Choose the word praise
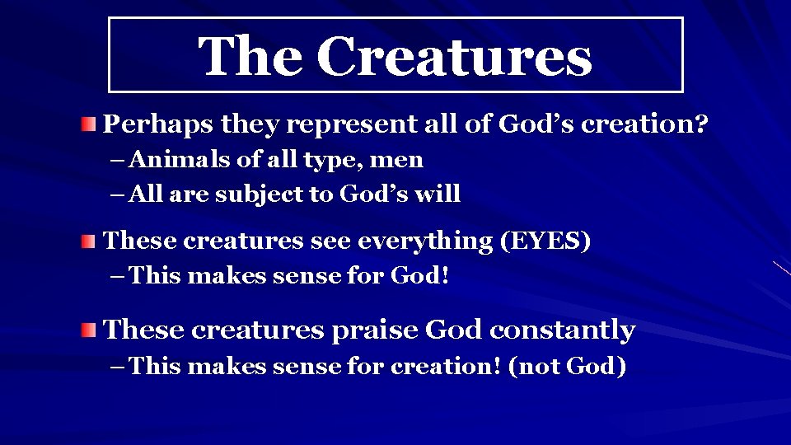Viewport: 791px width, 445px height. click(x=374, y=330)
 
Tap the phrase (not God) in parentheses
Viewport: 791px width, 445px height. click(x=567, y=365)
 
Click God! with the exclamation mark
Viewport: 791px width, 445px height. click(x=419, y=276)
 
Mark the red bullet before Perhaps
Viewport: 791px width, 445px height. click(x=88, y=124)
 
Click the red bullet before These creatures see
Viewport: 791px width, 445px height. click(x=88, y=241)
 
